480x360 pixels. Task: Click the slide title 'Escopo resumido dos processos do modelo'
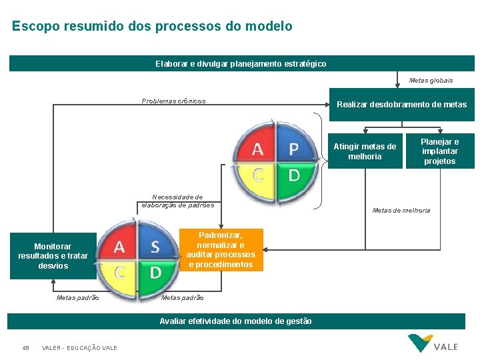(x=152, y=27)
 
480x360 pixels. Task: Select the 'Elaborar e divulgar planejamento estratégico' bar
(x=241, y=63)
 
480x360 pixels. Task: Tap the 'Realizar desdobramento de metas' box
(x=401, y=105)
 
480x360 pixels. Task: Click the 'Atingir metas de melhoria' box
(x=365, y=151)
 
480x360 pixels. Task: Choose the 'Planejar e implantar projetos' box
(x=439, y=151)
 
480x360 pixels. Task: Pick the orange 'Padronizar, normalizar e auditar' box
(x=221, y=250)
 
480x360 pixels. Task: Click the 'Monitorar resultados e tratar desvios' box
(x=53, y=256)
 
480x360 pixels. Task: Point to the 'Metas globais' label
(x=431, y=81)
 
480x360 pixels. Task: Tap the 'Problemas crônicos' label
(x=173, y=101)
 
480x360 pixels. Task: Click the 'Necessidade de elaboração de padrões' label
(x=177, y=201)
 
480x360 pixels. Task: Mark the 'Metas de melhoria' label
(x=401, y=211)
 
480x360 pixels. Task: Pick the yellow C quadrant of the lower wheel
(x=120, y=272)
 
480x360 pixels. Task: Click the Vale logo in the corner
(x=433, y=344)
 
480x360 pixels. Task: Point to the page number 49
(x=26, y=348)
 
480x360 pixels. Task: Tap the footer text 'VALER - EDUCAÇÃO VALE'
(x=79, y=348)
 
